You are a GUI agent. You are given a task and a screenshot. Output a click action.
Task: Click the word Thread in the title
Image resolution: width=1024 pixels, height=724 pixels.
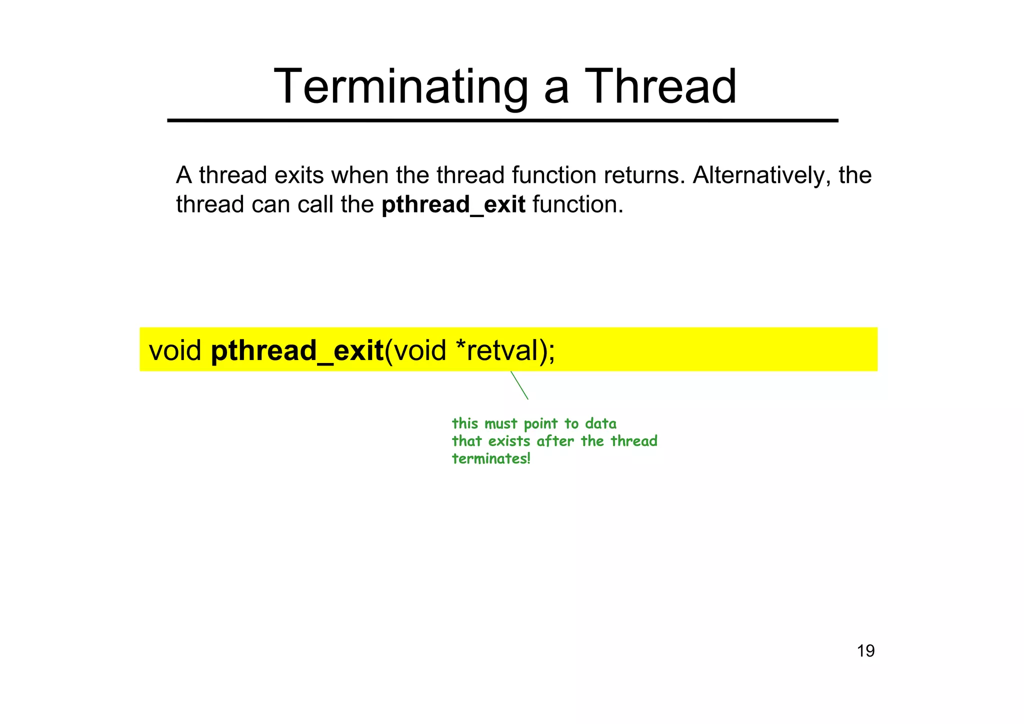tap(660, 87)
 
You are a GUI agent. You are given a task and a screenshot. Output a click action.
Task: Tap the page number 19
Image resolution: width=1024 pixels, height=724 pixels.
tap(865, 651)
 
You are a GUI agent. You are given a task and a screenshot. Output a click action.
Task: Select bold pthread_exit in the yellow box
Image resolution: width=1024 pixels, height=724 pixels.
tap(297, 350)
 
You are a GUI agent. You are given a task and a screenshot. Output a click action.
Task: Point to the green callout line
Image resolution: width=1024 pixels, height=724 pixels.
tap(519, 385)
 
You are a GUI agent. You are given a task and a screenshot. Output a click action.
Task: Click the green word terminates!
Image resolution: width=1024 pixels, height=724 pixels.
tap(491, 458)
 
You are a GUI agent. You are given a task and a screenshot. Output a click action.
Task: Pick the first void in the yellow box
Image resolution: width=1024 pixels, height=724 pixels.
tap(175, 350)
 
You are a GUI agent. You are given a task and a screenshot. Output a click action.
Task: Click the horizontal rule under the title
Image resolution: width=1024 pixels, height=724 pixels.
tap(502, 120)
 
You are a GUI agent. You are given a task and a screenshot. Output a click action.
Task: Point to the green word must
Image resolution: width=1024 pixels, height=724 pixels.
tap(501, 424)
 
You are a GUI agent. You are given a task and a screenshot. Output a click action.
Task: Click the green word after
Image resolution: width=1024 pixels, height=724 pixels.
tap(555, 441)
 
